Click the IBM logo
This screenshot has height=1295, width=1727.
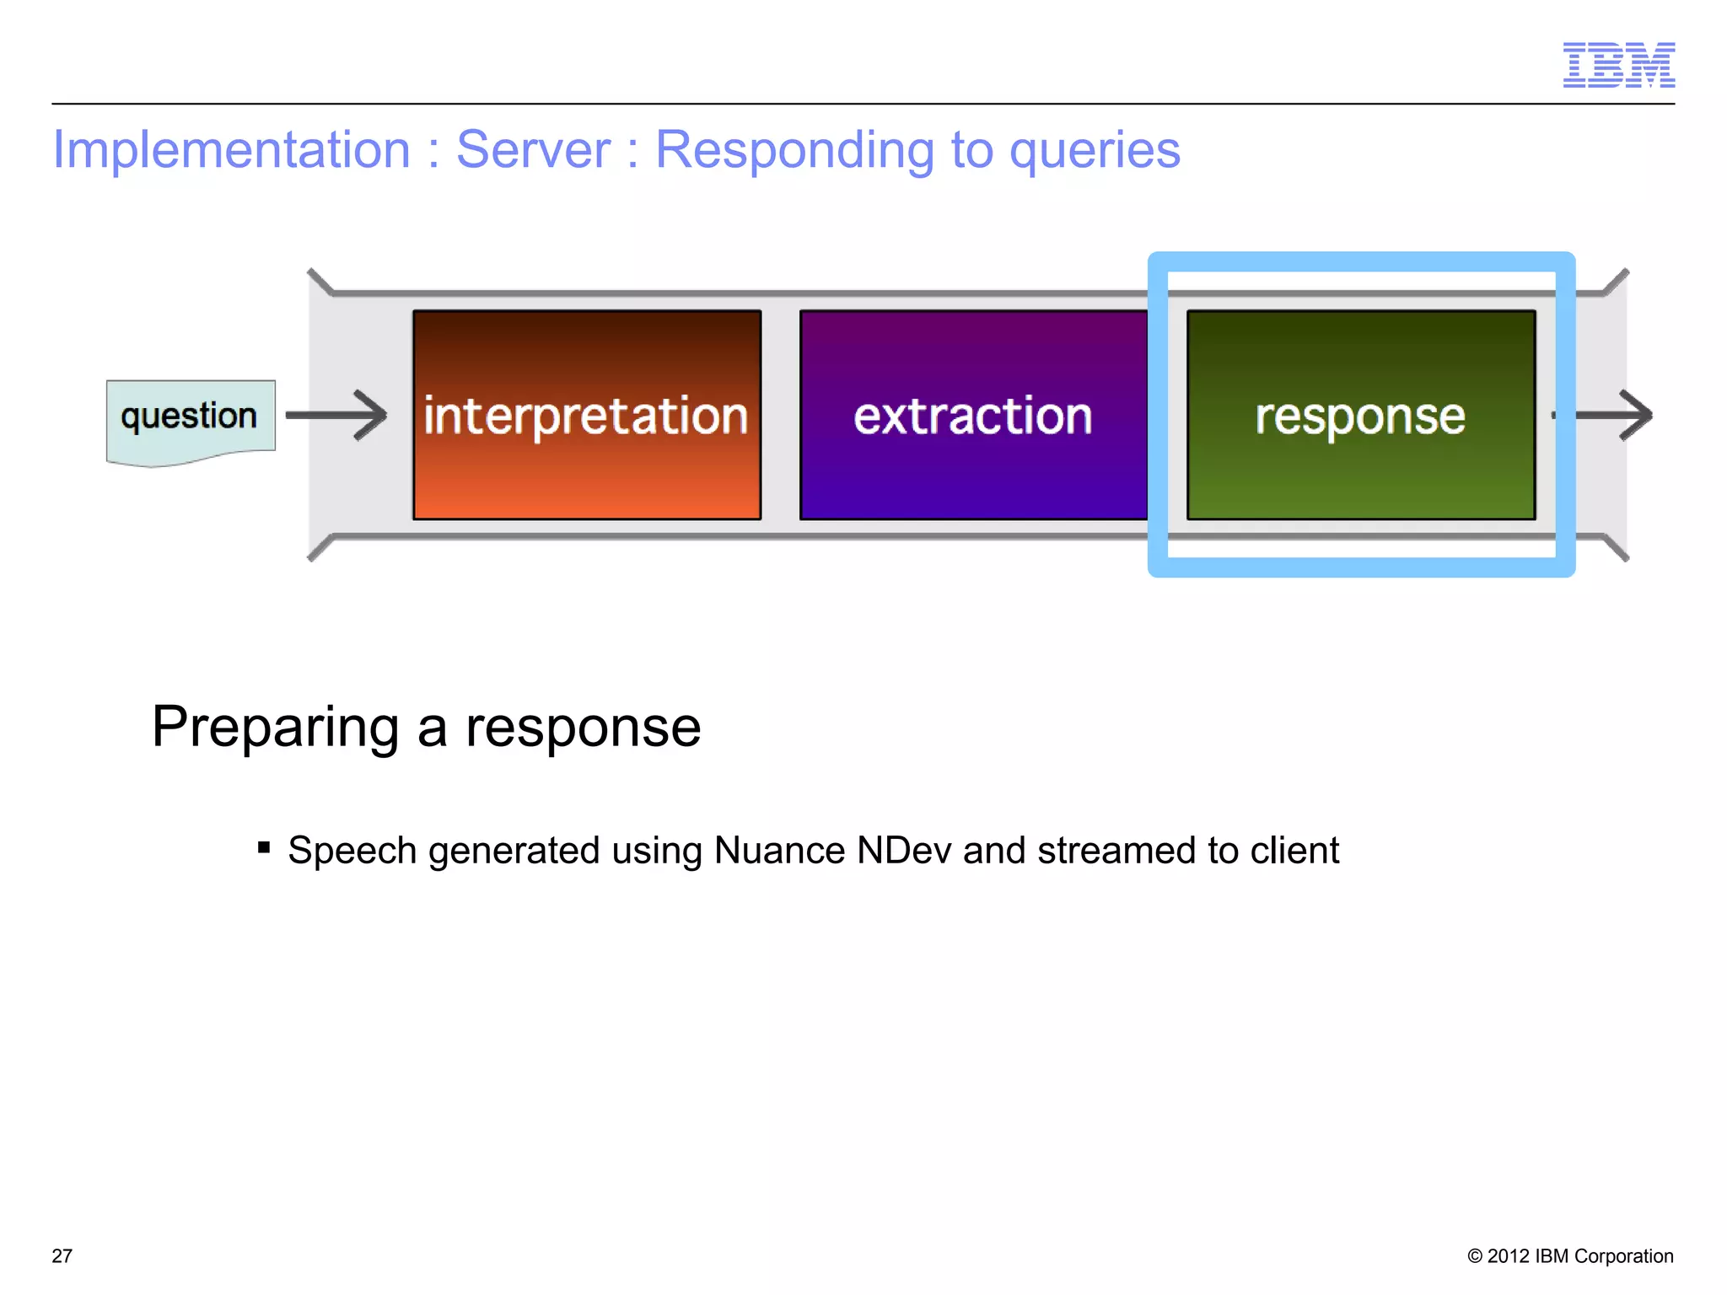pos(1618,65)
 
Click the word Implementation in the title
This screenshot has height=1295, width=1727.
pos(231,150)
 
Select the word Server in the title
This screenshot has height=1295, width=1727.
pos(533,150)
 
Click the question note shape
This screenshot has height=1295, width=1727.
pos(191,419)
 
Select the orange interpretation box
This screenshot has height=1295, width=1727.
pos(587,415)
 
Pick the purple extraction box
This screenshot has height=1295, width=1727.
pos(973,415)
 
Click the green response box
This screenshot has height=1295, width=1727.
pos(1360,415)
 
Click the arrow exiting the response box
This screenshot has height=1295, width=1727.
pos(1612,415)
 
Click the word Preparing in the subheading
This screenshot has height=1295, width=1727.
pos(275,727)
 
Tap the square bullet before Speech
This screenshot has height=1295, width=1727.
pos(264,847)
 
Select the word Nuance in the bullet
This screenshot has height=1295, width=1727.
pos(779,850)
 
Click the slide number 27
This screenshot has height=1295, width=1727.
pos(62,1255)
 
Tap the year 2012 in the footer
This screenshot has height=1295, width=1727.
pos(1508,1255)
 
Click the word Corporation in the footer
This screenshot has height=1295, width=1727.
pos(1623,1255)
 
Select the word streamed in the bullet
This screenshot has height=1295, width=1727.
pos(1116,850)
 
